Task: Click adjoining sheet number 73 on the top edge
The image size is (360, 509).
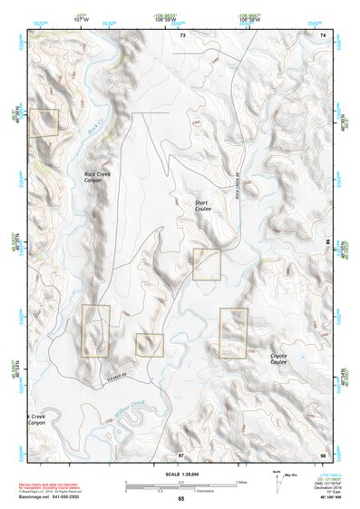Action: point(182,34)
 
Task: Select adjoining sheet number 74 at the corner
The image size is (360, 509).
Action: point(323,34)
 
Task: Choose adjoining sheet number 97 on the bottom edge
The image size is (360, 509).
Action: point(180,452)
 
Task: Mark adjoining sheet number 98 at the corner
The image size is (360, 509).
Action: point(323,452)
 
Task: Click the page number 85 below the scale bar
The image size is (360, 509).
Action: point(180,499)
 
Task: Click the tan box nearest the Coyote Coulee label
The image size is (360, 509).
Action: point(233,333)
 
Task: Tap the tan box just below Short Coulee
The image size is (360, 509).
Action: point(207,264)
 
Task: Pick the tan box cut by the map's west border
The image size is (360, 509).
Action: point(43,122)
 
